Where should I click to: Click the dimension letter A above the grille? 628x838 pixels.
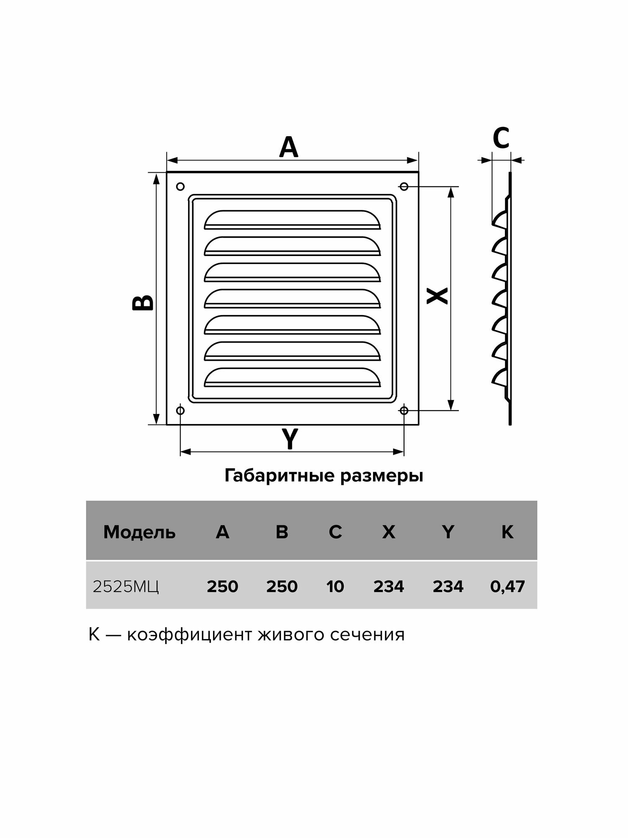pyautogui.click(x=288, y=147)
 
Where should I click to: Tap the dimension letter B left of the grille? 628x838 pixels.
pyautogui.click(x=143, y=302)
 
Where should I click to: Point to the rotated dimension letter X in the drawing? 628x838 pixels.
pyautogui.click(x=437, y=296)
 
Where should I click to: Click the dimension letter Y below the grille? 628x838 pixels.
pyautogui.click(x=290, y=439)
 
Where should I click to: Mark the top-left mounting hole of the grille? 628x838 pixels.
pyautogui.click(x=180, y=186)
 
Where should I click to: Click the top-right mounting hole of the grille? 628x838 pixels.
pyautogui.click(x=404, y=186)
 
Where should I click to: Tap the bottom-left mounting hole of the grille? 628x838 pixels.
pyautogui.click(x=180, y=410)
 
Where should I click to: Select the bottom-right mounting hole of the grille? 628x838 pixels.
pyautogui.click(x=404, y=410)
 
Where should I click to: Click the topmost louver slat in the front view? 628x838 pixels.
pyautogui.click(x=292, y=220)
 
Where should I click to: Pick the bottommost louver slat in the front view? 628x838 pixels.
pyautogui.click(x=292, y=378)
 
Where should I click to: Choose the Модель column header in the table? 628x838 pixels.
pyautogui.click(x=139, y=532)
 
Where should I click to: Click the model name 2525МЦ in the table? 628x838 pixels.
pyautogui.click(x=126, y=587)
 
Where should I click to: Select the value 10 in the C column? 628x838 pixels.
pyautogui.click(x=335, y=587)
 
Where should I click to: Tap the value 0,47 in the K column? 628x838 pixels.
pyautogui.click(x=507, y=587)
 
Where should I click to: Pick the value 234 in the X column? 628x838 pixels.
pyautogui.click(x=389, y=587)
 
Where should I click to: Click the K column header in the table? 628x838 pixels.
pyautogui.click(x=507, y=532)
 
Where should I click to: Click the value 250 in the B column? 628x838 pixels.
pyautogui.click(x=282, y=587)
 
